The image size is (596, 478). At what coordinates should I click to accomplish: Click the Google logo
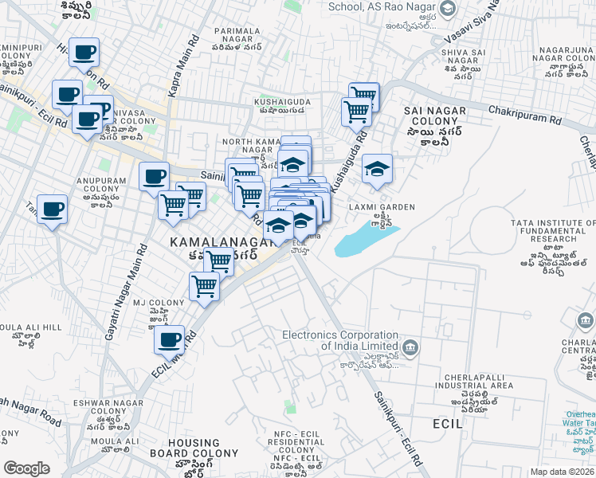pyautogui.click(x=26, y=468)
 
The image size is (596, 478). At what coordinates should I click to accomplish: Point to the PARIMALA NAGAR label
pyautogui.click(x=237, y=35)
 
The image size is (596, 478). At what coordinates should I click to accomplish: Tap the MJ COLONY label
pyautogui.click(x=147, y=303)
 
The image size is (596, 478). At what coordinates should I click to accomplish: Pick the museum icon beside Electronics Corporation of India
pyautogui.click(x=410, y=346)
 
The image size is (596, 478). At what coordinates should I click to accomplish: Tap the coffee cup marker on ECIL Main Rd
pyautogui.click(x=169, y=339)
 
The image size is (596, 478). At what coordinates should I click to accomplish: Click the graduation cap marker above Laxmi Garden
pyautogui.click(x=378, y=168)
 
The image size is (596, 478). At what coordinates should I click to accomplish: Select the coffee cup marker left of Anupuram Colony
pyautogui.click(x=53, y=210)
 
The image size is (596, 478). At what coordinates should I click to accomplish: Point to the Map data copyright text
pyautogui.click(x=563, y=472)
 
